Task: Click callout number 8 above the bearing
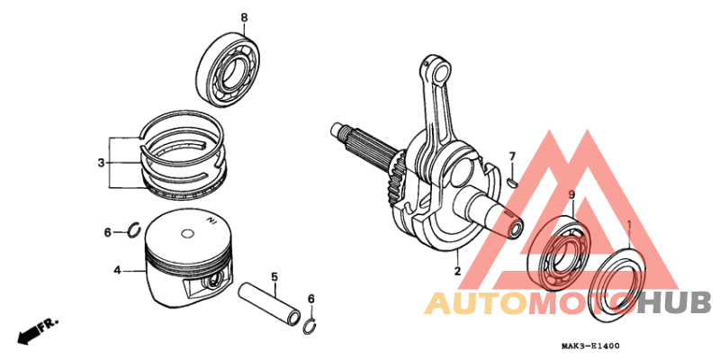pos(243,17)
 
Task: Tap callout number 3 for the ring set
pos(102,163)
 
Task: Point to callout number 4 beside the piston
pos(117,270)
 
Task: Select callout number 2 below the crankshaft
pos(456,271)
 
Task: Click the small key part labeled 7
pos(511,179)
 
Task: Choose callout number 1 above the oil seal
pos(629,223)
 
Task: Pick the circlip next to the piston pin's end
pos(310,325)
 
